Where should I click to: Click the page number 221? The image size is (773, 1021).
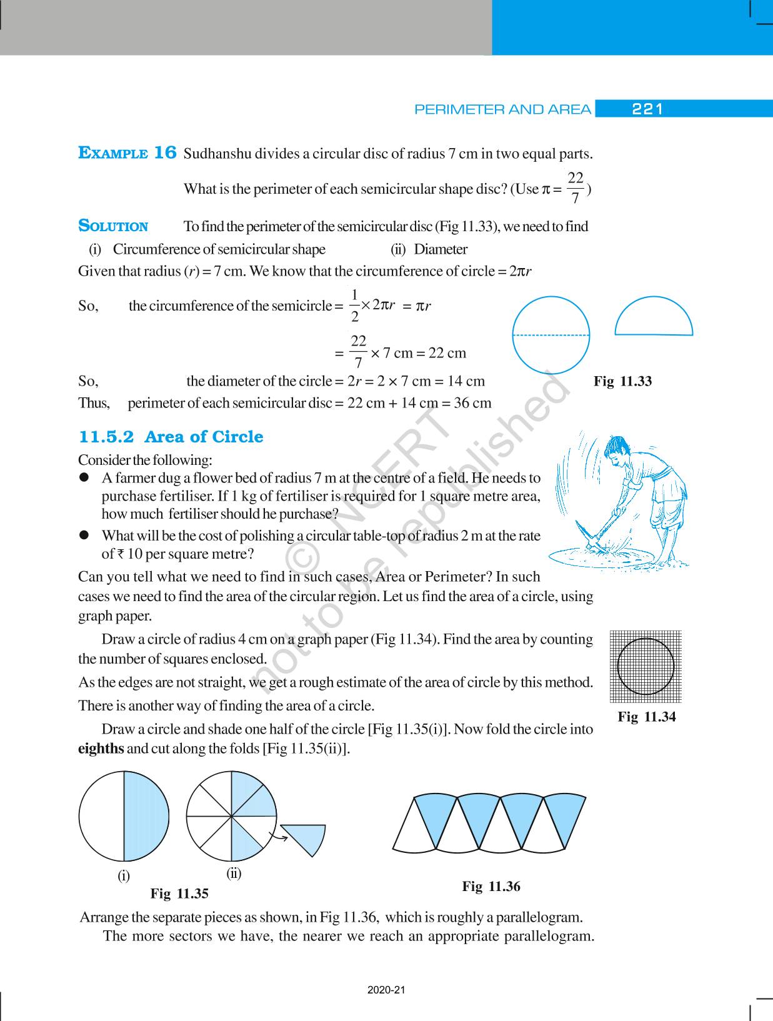coord(647,109)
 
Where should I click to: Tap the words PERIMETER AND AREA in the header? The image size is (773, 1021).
coord(502,110)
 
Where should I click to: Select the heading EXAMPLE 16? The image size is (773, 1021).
coord(127,153)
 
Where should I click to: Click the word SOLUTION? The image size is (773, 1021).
coord(113,226)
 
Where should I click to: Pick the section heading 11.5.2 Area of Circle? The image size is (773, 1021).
coord(171,437)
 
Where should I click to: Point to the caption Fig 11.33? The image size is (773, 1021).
coord(622,381)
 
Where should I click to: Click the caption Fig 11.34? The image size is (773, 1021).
coord(646,717)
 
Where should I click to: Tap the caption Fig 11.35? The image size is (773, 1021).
coord(179,894)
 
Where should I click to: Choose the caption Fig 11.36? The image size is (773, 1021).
coord(491,886)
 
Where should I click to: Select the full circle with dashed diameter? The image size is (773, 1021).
coord(551,336)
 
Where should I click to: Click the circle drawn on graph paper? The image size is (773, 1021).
coord(646,666)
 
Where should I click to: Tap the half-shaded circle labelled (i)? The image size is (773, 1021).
coord(124,817)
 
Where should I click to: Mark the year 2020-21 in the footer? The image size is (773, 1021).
coord(387,990)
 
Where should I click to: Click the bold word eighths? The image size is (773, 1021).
coord(101,748)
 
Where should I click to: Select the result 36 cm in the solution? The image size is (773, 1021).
coord(472,403)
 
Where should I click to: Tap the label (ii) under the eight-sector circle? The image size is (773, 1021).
coord(234,873)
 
